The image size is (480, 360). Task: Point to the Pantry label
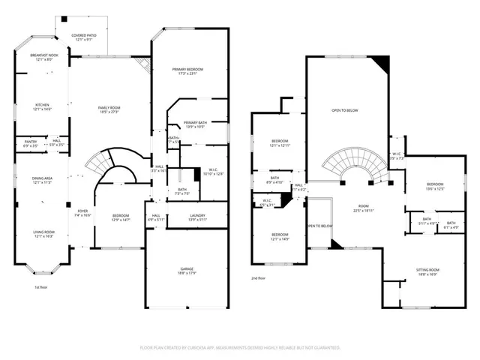coord(31,141)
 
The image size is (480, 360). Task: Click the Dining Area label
coord(42,179)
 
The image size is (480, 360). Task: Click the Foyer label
coord(82,212)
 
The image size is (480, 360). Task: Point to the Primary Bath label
coord(195,124)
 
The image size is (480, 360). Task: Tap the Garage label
coord(188,271)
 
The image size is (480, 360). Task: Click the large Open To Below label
coord(344,110)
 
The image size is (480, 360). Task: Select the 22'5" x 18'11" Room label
coord(363,208)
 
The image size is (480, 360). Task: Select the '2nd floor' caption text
coord(259,278)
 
